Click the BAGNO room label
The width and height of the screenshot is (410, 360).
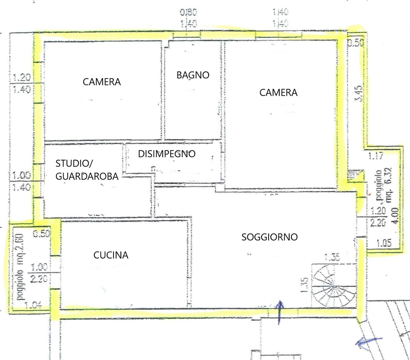(x=193, y=75)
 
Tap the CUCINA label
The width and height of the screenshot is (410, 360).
(x=111, y=255)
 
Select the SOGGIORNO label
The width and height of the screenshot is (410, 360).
(x=269, y=237)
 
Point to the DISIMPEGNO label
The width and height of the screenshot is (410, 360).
(x=167, y=154)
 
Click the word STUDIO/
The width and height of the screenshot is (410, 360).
(x=74, y=164)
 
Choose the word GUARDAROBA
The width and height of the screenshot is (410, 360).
(x=87, y=176)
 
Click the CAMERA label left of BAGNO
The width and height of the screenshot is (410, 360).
(x=102, y=82)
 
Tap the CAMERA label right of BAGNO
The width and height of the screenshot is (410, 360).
(x=278, y=93)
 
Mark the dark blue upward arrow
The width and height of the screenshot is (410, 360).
(x=280, y=312)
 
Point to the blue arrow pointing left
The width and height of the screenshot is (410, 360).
(x=368, y=342)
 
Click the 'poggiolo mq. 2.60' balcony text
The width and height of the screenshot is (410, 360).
(x=20, y=266)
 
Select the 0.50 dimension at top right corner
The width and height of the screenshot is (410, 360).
(x=356, y=42)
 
